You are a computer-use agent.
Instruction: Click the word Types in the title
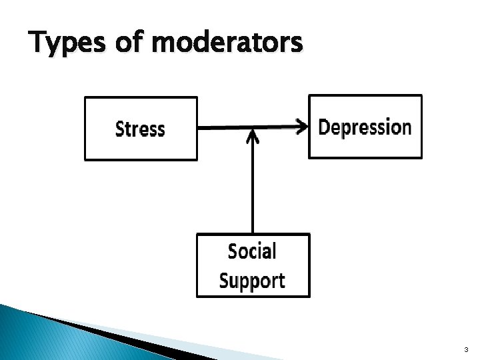click(x=66, y=44)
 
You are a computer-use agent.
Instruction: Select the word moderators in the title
click(x=227, y=44)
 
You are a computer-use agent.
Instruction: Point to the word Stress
click(x=140, y=129)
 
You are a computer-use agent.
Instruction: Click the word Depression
click(x=365, y=127)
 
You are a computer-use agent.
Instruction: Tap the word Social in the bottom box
click(x=252, y=251)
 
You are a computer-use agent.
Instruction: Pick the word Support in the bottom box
click(x=252, y=281)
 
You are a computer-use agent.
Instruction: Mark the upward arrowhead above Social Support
click(x=252, y=136)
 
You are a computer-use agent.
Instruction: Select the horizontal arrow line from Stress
click(x=227, y=127)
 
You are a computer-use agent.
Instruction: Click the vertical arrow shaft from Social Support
click(x=252, y=187)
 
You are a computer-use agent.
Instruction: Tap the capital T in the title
click(x=37, y=44)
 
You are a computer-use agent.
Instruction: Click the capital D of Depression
click(x=325, y=127)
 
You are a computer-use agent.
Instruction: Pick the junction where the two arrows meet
click(x=252, y=128)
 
